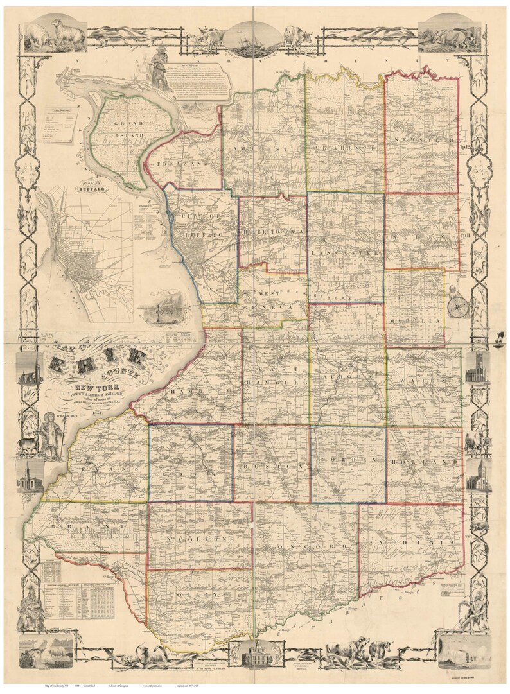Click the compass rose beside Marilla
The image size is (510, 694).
coord(456,303)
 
